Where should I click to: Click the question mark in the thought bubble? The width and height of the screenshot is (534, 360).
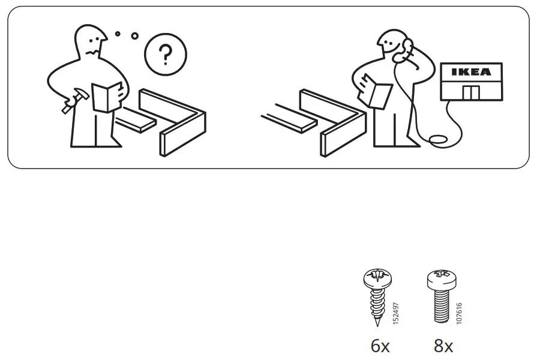[x=164, y=56]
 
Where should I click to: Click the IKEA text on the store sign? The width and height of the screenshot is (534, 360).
[x=470, y=72]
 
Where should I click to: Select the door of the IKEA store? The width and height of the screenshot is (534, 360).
[x=471, y=92]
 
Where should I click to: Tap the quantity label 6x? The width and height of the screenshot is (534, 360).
[x=380, y=346]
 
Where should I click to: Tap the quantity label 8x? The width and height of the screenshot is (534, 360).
[x=443, y=346]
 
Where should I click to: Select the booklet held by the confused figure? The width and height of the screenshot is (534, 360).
[x=108, y=96]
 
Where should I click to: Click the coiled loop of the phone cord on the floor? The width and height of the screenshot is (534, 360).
[x=440, y=140]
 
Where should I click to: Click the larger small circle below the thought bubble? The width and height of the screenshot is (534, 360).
[x=134, y=35]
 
